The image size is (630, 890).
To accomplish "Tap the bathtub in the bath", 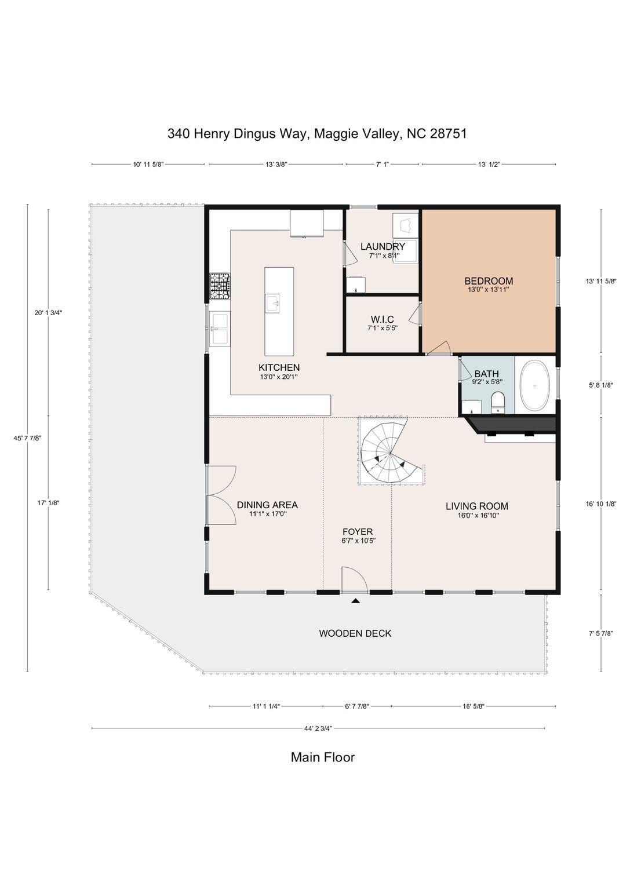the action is click(535, 385).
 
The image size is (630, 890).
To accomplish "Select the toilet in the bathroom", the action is click(498, 403).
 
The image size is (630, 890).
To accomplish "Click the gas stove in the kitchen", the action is click(220, 286).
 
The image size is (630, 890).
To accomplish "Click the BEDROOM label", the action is click(489, 281).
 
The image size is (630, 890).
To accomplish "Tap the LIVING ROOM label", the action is click(476, 506).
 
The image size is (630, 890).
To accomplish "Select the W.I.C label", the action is click(382, 319).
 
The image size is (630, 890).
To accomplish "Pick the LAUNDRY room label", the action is click(383, 246).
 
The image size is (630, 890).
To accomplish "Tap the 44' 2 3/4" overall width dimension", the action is click(318, 728).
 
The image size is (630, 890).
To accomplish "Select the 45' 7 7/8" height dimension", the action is click(27, 438).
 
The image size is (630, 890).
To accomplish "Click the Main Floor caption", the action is click(322, 757).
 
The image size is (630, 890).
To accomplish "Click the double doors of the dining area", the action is click(221, 495).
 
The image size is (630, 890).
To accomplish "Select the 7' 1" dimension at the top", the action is click(382, 164).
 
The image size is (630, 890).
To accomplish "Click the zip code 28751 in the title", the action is click(449, 134).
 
